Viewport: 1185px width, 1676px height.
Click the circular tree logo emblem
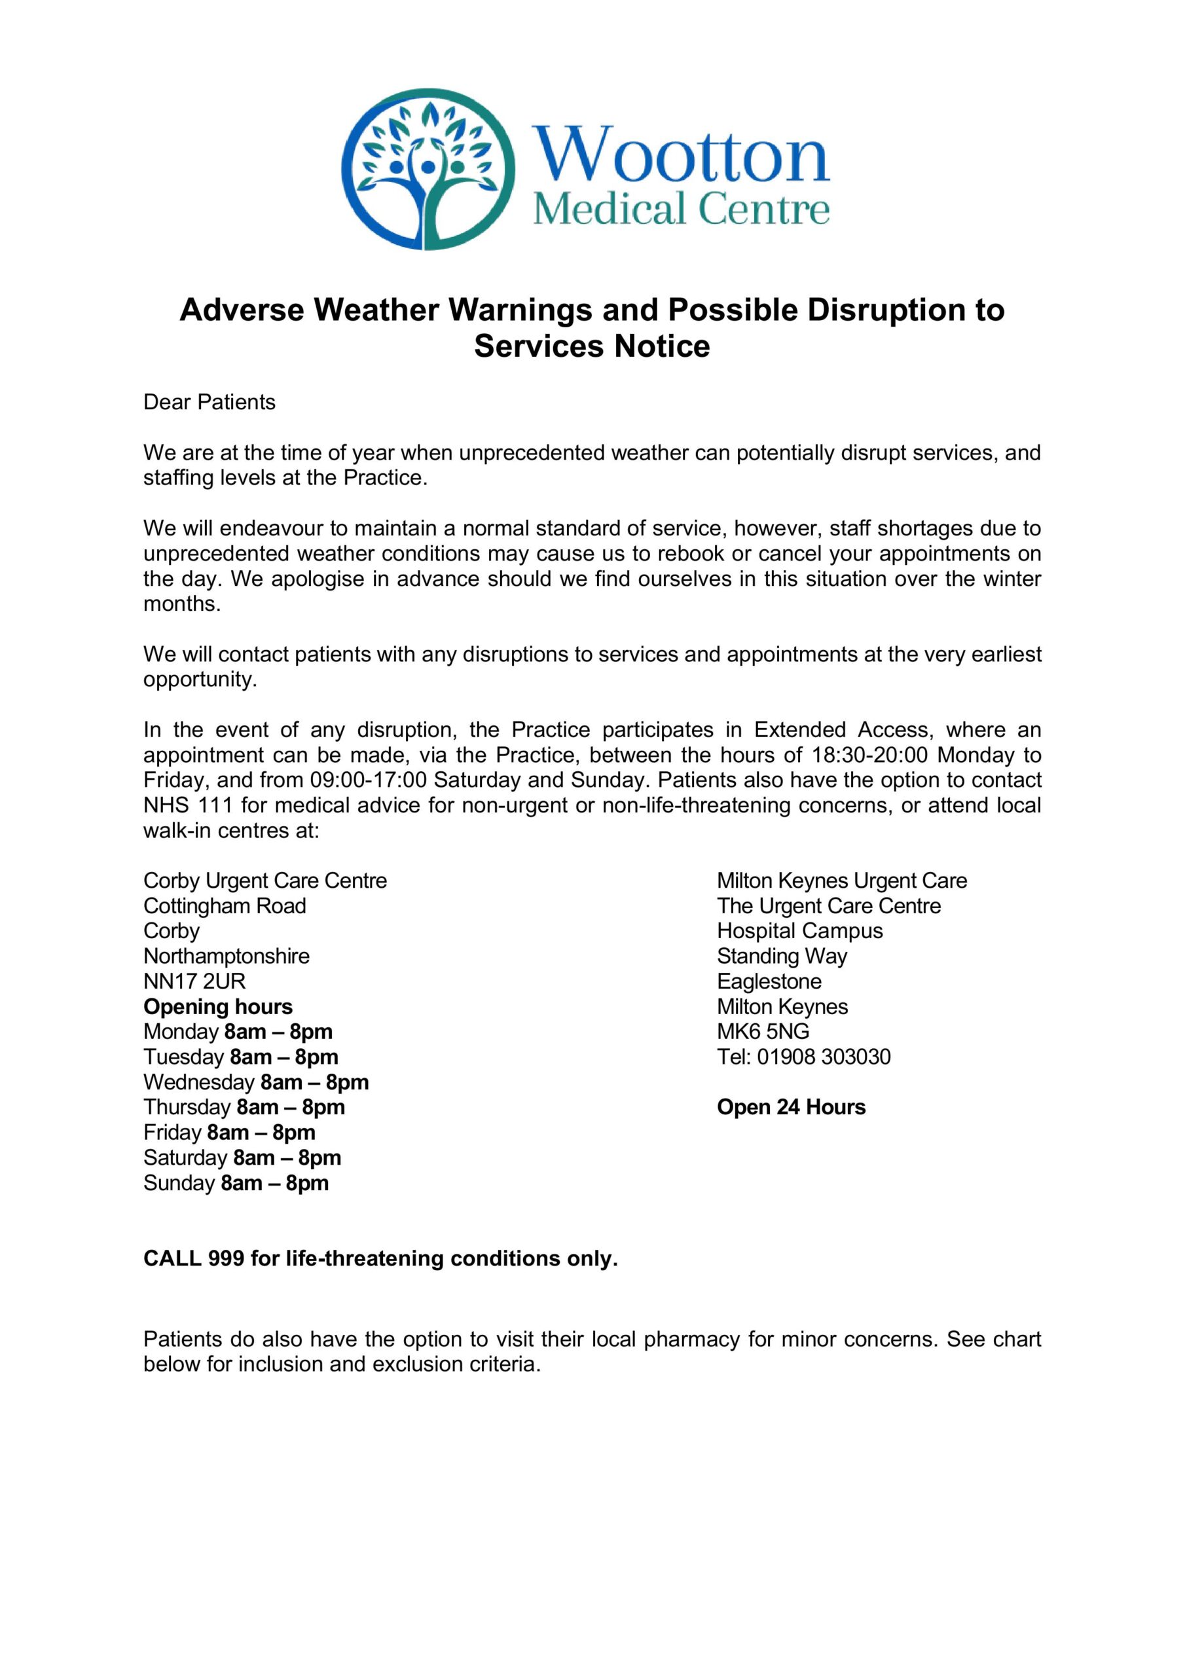(428, 169)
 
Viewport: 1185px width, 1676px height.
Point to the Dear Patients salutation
(210, 402)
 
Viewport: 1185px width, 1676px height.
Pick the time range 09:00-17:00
(368, 780)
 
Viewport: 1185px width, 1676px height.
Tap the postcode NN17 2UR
(194, 981)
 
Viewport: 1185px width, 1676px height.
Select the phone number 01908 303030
(824, 1057)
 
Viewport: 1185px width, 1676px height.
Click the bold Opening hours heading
(217, 1007)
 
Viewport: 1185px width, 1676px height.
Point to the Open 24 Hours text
(791, 1107)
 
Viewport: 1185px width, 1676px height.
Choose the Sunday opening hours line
(236, 1182)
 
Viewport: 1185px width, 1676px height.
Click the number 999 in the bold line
(226, 1258)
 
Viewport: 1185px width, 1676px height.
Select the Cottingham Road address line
(225, 906)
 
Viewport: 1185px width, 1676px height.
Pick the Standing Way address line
(782, 956)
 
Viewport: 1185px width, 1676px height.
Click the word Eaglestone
(769, 981)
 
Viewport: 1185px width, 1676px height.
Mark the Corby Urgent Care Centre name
(265, 881)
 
